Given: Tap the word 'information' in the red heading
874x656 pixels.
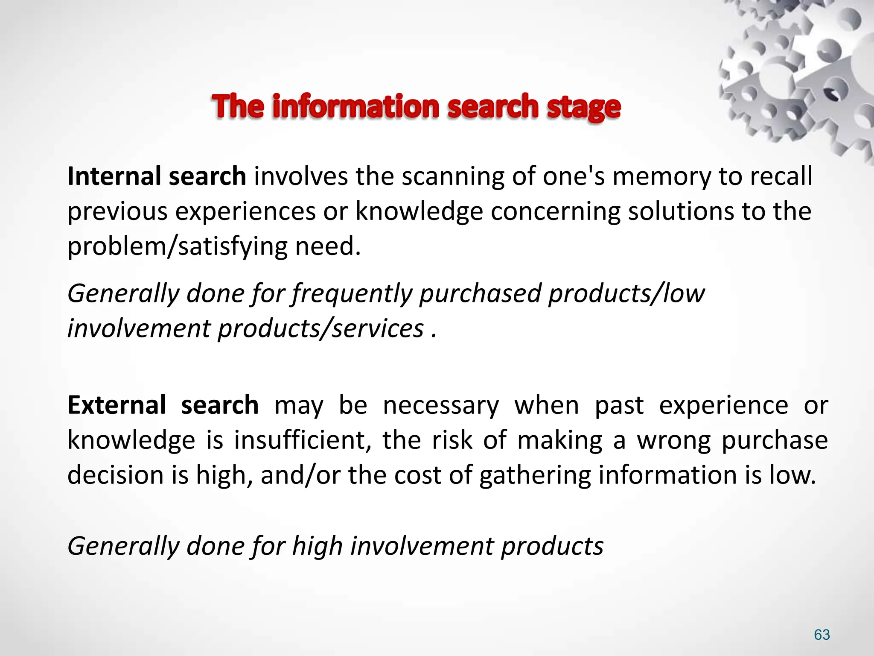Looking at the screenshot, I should tap(356, 106).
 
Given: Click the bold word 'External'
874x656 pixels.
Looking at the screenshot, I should tap(117, 405).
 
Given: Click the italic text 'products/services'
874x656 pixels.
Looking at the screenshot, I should tap(321, 329).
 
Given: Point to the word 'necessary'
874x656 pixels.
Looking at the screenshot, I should tap(441, 406).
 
